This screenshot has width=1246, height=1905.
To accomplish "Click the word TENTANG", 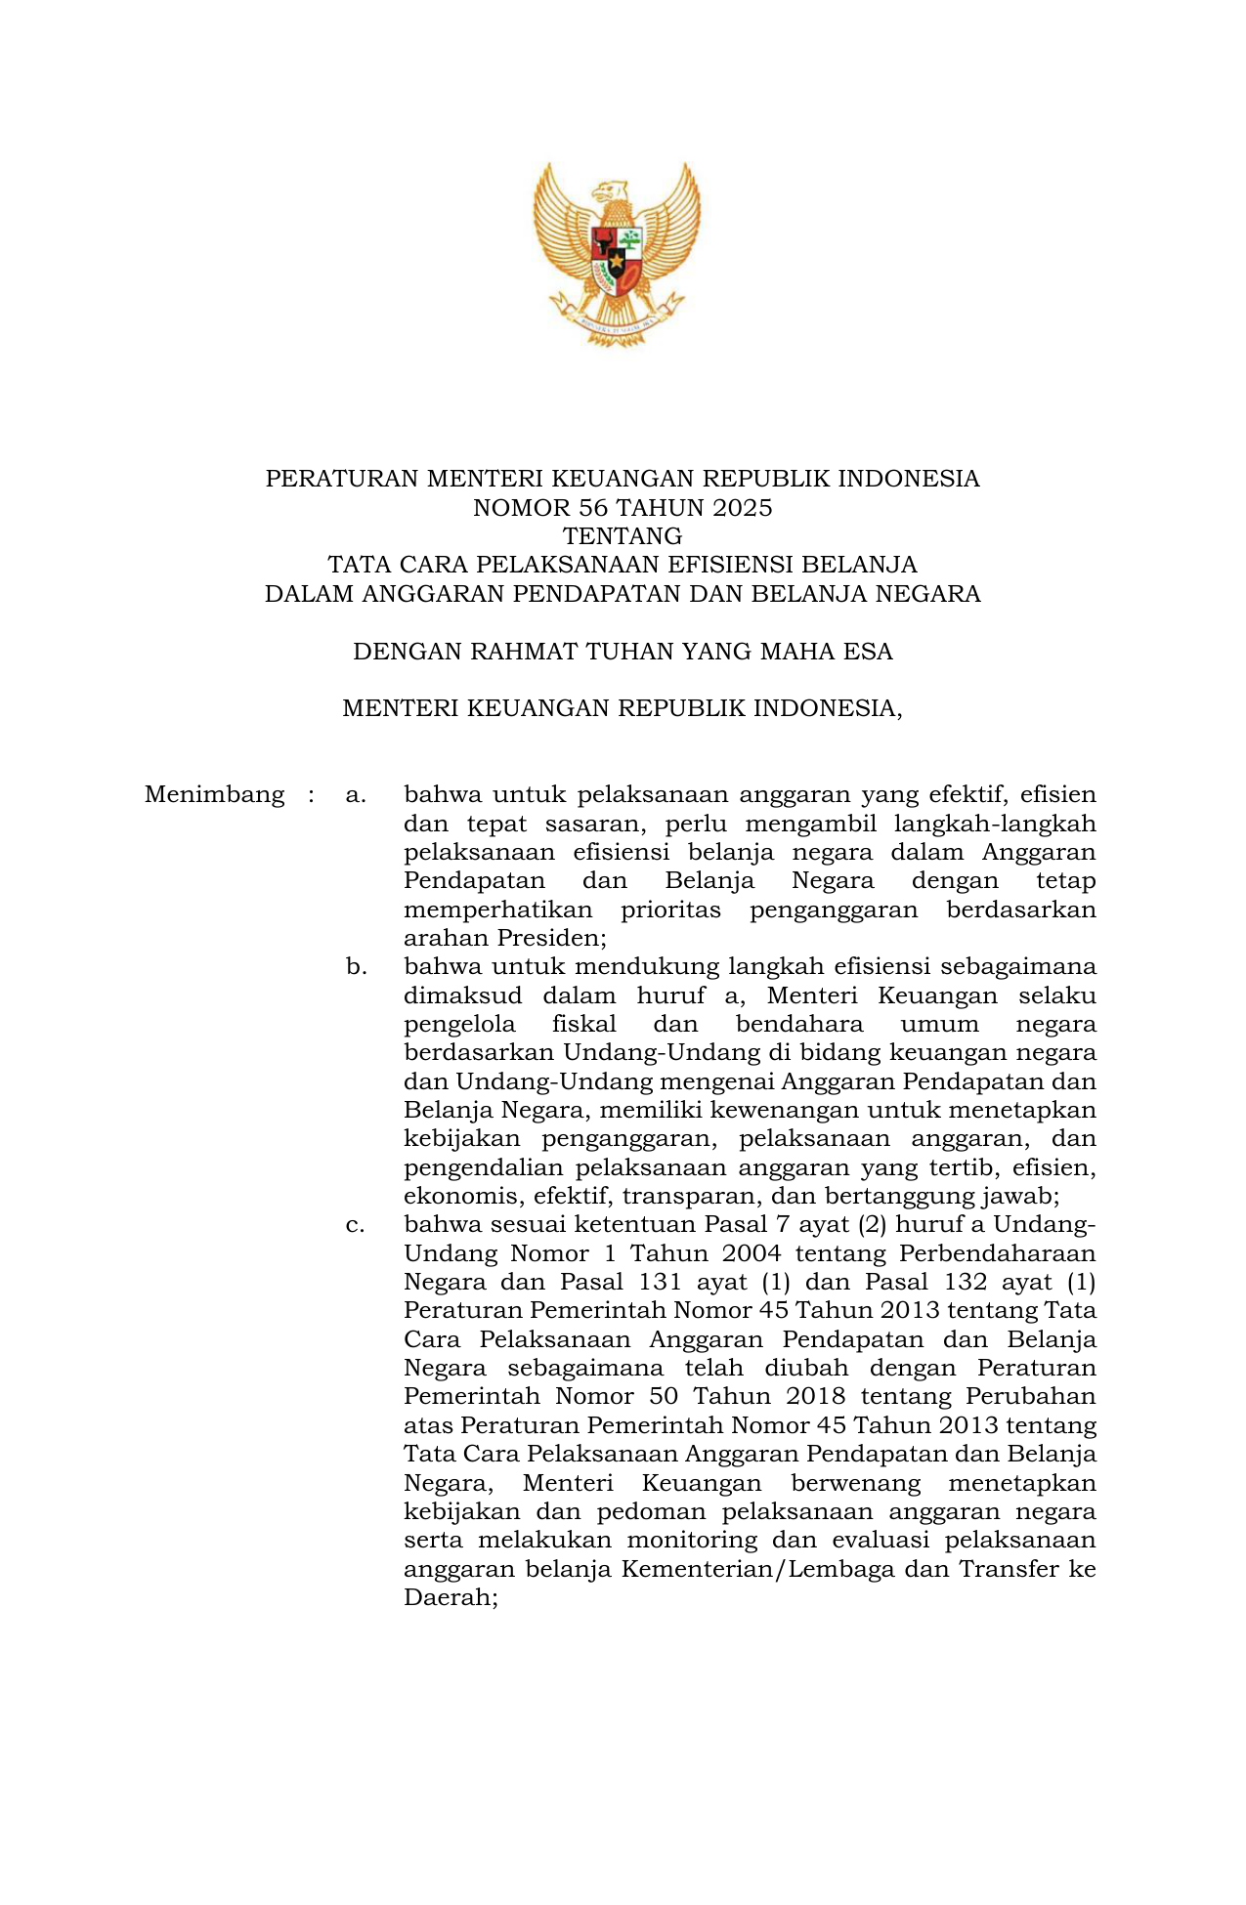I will (x=623, y=536).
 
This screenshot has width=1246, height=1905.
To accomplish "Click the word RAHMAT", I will (x=523, y=652).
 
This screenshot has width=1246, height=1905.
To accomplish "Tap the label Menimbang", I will (x=214, y=795).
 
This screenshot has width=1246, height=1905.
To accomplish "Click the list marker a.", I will (x=356, y=795).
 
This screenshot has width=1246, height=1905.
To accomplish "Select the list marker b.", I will (x=356, y=967).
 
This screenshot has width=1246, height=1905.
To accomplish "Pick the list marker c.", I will (x=356, y=1225).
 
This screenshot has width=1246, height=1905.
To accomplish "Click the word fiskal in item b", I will (x=583, y=1025).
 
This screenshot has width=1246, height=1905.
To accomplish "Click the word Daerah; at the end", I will (x=451, y=1598).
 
